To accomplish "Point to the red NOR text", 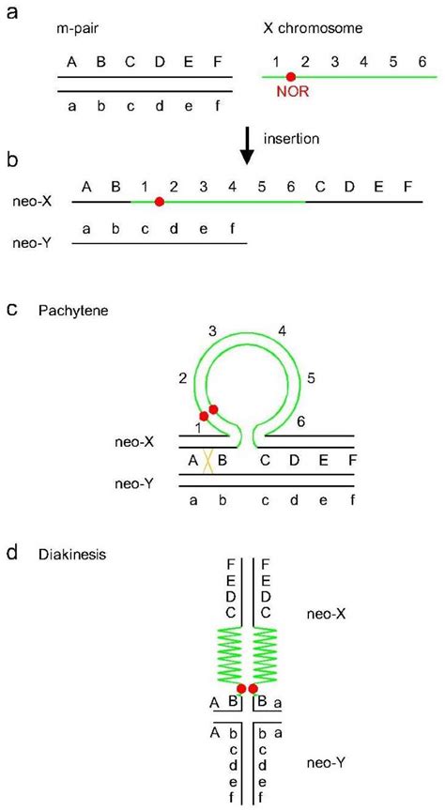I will [292, 93].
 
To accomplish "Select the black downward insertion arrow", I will [247, 145].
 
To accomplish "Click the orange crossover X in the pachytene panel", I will [209, 462].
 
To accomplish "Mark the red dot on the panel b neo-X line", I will [160, 201].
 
